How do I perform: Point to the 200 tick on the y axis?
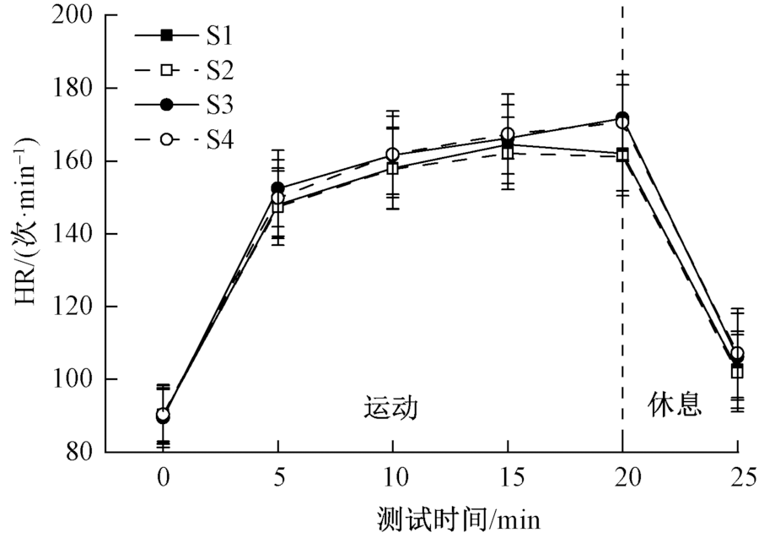73,15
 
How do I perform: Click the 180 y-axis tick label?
73,88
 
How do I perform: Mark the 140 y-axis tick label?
73,234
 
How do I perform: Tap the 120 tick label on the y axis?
73,307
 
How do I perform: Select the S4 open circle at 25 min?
738,354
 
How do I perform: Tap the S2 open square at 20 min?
622,155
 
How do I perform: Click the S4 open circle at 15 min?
508,135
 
